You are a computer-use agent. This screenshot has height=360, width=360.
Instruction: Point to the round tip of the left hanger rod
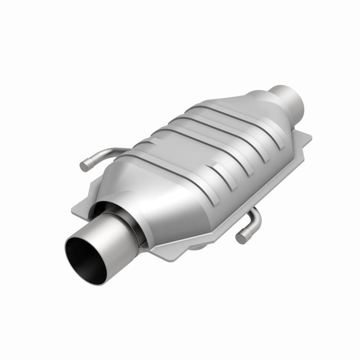pos(84,166)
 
